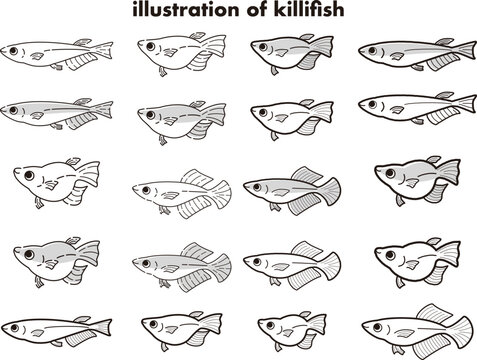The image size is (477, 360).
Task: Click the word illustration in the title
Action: tap(186, 9)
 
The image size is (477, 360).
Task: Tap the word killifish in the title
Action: tap(309, 9)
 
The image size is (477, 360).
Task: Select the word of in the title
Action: tap(257, 9)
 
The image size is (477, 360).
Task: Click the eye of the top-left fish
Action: tap(14, 51)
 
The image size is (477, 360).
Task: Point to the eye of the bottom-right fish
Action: tap(377, 327)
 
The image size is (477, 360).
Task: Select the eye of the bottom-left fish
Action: tap(14, 328)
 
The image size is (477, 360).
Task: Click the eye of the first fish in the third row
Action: tap(29, 175)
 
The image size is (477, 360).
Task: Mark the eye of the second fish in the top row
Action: tap(151, 46)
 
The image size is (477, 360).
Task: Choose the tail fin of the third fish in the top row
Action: tap(322, 46)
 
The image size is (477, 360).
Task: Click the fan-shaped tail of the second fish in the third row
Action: tap(221, 192)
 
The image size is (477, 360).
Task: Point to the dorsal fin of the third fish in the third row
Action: tap(307, 175)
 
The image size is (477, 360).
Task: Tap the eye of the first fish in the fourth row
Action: tap(29, 255)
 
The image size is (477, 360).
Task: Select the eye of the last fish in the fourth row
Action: tap(390, 255)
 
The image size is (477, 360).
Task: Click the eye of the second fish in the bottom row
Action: tap(154, 324)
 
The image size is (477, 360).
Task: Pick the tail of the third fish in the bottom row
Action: tap(317, 324)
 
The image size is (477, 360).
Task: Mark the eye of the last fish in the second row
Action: tap(373, 104)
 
